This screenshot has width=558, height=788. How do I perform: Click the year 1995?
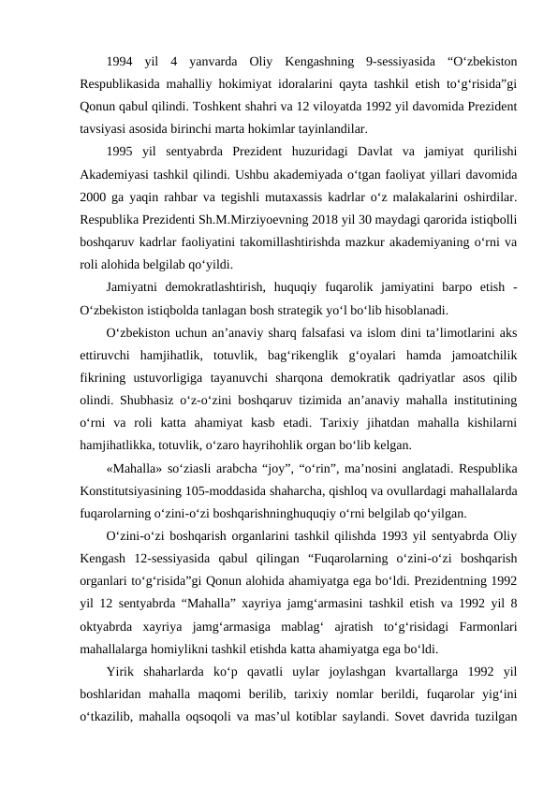[x=120, y=152]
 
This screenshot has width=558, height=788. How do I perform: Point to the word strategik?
[x=327, y=309]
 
